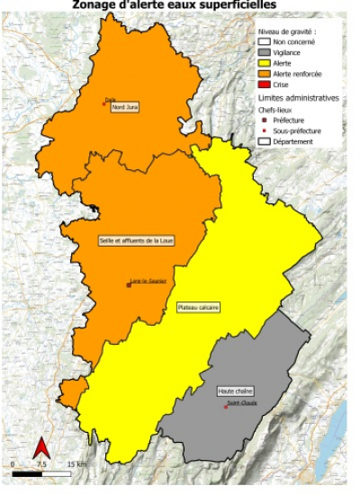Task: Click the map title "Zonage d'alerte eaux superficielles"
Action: coord(180,4)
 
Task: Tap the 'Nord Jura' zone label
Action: coord(124,108)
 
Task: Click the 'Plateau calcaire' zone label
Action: coord(199,307)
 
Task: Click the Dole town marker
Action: coord(104,103)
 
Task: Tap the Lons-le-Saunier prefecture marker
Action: coord(129,284)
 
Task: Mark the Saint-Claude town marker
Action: coord(225,405)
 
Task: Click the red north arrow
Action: coord(40,446)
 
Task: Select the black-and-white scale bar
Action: coord(41,471)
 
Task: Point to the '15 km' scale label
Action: coord(76,463)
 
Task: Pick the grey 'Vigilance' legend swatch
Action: coord(265,51)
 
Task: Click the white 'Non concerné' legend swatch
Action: coord(265,40)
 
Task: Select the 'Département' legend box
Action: coord(265,141)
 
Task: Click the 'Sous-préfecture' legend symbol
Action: coord(264,130)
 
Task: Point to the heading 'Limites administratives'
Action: coord(299,96)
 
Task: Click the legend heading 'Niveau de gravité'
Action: coord(288,30)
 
